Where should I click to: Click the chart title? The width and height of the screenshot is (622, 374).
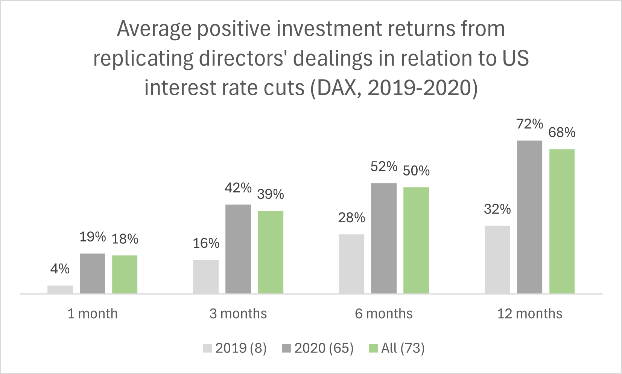311,58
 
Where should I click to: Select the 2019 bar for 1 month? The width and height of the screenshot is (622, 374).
60,290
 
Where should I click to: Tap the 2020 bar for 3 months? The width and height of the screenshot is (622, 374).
238,249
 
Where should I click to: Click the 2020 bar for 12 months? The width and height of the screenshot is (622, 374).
529,217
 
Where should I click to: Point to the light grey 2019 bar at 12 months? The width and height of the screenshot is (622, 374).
497,260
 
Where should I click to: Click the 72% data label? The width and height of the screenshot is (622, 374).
529,124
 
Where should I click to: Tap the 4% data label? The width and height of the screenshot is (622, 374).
60,269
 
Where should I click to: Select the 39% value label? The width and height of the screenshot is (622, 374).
270,194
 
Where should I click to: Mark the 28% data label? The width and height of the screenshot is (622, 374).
351,218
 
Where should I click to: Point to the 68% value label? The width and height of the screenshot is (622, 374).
562,133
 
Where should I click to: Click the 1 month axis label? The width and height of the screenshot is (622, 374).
93,314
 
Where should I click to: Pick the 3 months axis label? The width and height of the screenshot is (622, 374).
238,314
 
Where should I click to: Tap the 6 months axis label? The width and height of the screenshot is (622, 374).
384,314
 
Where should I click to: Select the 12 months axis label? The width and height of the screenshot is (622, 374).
529,314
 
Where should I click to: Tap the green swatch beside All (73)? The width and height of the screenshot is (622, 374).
373,348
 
